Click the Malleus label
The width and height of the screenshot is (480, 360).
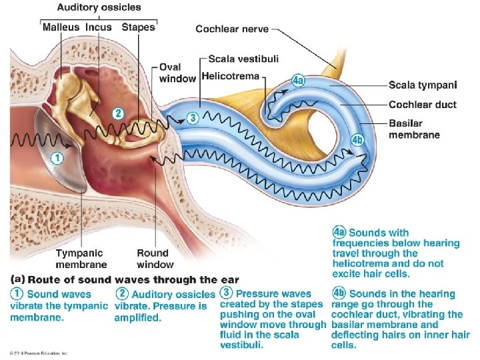click(x=61, y=27)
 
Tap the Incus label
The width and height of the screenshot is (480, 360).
click(x=98, y=27)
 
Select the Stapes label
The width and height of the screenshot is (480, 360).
click(x=138, y=27)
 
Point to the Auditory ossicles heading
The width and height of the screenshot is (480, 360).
click(x=99, y=8)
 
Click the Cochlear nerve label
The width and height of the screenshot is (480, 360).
click(x=233, y=29)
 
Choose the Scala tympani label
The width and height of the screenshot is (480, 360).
click(x=423, y=85)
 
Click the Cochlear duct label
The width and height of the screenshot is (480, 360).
click(x=422, y=105)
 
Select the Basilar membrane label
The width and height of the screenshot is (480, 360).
click(x=414, y=129)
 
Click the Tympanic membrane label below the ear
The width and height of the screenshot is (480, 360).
click(x=81, y=259)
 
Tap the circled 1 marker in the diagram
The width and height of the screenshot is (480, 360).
click(x=57, y=159)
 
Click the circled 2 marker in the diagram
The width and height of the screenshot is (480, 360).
click(x=117, y=113)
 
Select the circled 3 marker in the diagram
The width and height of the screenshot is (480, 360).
click(x=192, y=118)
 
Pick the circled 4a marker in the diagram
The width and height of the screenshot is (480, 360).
click(x=299, y=81)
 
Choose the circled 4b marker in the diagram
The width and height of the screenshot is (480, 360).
click(x=357, y=140)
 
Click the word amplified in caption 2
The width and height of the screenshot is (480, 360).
click(x=138, y=317)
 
